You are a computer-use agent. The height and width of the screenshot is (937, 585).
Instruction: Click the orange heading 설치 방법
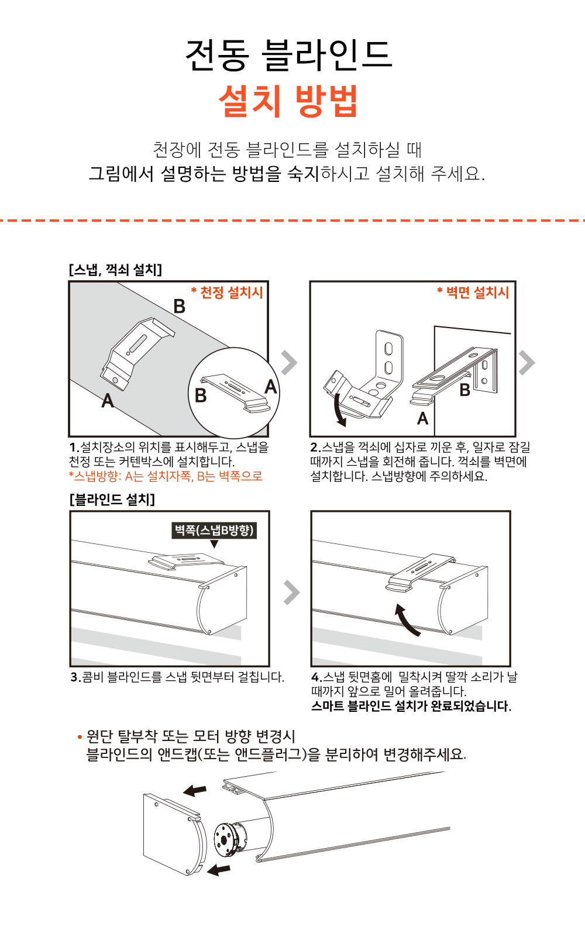[x=288, y=101]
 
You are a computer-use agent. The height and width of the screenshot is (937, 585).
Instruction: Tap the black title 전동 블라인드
[x=289, y=55]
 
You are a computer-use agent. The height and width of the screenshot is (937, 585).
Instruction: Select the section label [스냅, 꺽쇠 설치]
[x=115, y=270]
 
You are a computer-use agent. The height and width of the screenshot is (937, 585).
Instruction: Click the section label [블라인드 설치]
[x=112, y=499]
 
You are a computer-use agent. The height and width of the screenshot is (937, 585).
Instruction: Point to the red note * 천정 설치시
[x=227, y=292]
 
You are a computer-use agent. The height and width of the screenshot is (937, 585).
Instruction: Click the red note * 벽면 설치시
[x=473, y=292]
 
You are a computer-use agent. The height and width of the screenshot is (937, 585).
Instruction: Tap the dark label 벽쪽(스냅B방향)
[x=214, y=530]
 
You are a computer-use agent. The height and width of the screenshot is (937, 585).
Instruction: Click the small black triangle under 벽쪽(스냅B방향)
[x=214, y=544]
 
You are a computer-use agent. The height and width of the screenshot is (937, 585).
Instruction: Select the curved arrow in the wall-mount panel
[x=340, y=411]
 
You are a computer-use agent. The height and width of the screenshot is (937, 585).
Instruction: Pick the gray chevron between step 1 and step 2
[x=289, y=362]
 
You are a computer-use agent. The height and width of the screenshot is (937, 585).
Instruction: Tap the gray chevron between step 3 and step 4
[x=292, y=592]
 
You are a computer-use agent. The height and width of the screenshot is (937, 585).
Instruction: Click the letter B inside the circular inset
[x=201, y=395]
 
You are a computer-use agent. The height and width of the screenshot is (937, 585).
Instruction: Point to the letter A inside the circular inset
[x=271, y=387]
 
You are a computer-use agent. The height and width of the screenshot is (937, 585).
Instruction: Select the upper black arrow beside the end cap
[x=195, y=790]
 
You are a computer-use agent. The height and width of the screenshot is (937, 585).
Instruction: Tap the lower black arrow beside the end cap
[x=218, y=870]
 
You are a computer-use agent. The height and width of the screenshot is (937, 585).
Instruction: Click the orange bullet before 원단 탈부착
[x=80, y=737]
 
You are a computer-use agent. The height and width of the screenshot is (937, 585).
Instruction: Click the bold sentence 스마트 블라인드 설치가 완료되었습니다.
[x=411, y=707]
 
